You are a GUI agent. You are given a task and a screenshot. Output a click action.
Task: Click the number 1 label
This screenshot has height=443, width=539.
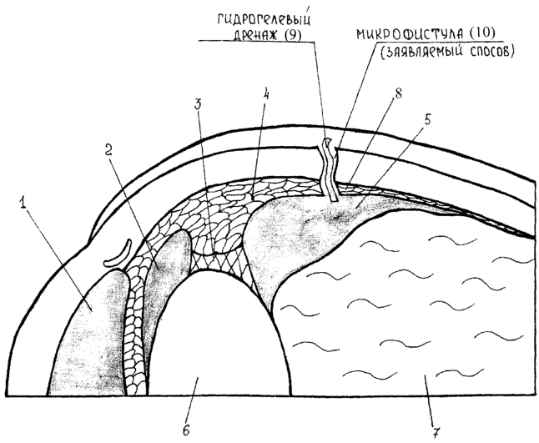pos(23,204)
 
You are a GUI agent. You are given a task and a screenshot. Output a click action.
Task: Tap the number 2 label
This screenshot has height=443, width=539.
pos(108,150)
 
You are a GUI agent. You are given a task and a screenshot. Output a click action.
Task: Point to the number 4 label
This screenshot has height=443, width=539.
pos(265,94)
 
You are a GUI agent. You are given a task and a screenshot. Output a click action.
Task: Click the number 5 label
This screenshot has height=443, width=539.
pos(427,121)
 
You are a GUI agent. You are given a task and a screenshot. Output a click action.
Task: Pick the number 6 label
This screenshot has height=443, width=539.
pos(186,430)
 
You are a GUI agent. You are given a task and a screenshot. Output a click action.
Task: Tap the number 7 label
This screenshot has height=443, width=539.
pos(436,431)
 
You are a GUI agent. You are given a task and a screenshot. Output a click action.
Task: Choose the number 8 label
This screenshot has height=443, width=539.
pos(398,93)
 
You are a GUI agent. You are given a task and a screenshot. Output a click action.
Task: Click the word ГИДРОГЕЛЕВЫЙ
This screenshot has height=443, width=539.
pos(264,19)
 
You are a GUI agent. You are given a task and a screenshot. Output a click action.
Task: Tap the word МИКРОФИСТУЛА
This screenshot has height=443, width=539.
pos(407,34)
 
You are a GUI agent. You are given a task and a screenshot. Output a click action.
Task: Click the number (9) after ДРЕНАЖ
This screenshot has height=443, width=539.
pos(291,35)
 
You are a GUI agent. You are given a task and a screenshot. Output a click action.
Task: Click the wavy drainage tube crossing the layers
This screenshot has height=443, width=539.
pos(330,170)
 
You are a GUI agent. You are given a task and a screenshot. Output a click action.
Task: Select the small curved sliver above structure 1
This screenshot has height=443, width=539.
pos(118,254)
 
